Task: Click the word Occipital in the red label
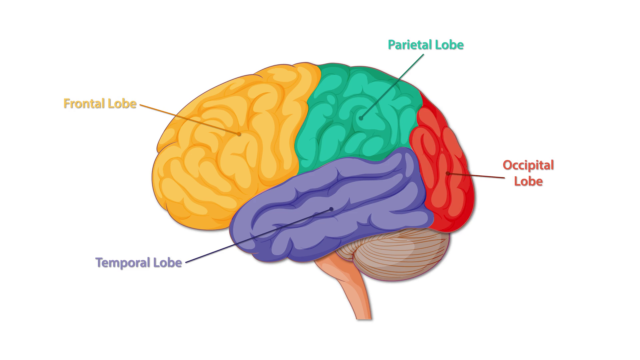pos(528,165)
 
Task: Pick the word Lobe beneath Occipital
pos(528,181)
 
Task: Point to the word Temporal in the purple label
pos(123,263)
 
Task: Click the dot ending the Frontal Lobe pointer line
pos(239,134)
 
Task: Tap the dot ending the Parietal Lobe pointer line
pos(361,118)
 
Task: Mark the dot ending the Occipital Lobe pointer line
pos(448,173)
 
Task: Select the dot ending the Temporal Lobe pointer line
pos(331,209)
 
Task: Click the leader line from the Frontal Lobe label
pos(187,118)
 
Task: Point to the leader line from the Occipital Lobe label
pos(477,175)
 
